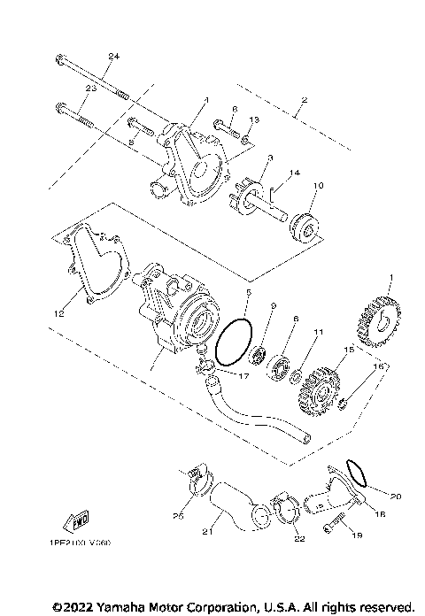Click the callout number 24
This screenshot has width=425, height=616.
[x=112, y=58]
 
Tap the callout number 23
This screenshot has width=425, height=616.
[x=90, y=89]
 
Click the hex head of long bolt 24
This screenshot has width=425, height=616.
[x=59, y=62]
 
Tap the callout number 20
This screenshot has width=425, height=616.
[x=396, y=497]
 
